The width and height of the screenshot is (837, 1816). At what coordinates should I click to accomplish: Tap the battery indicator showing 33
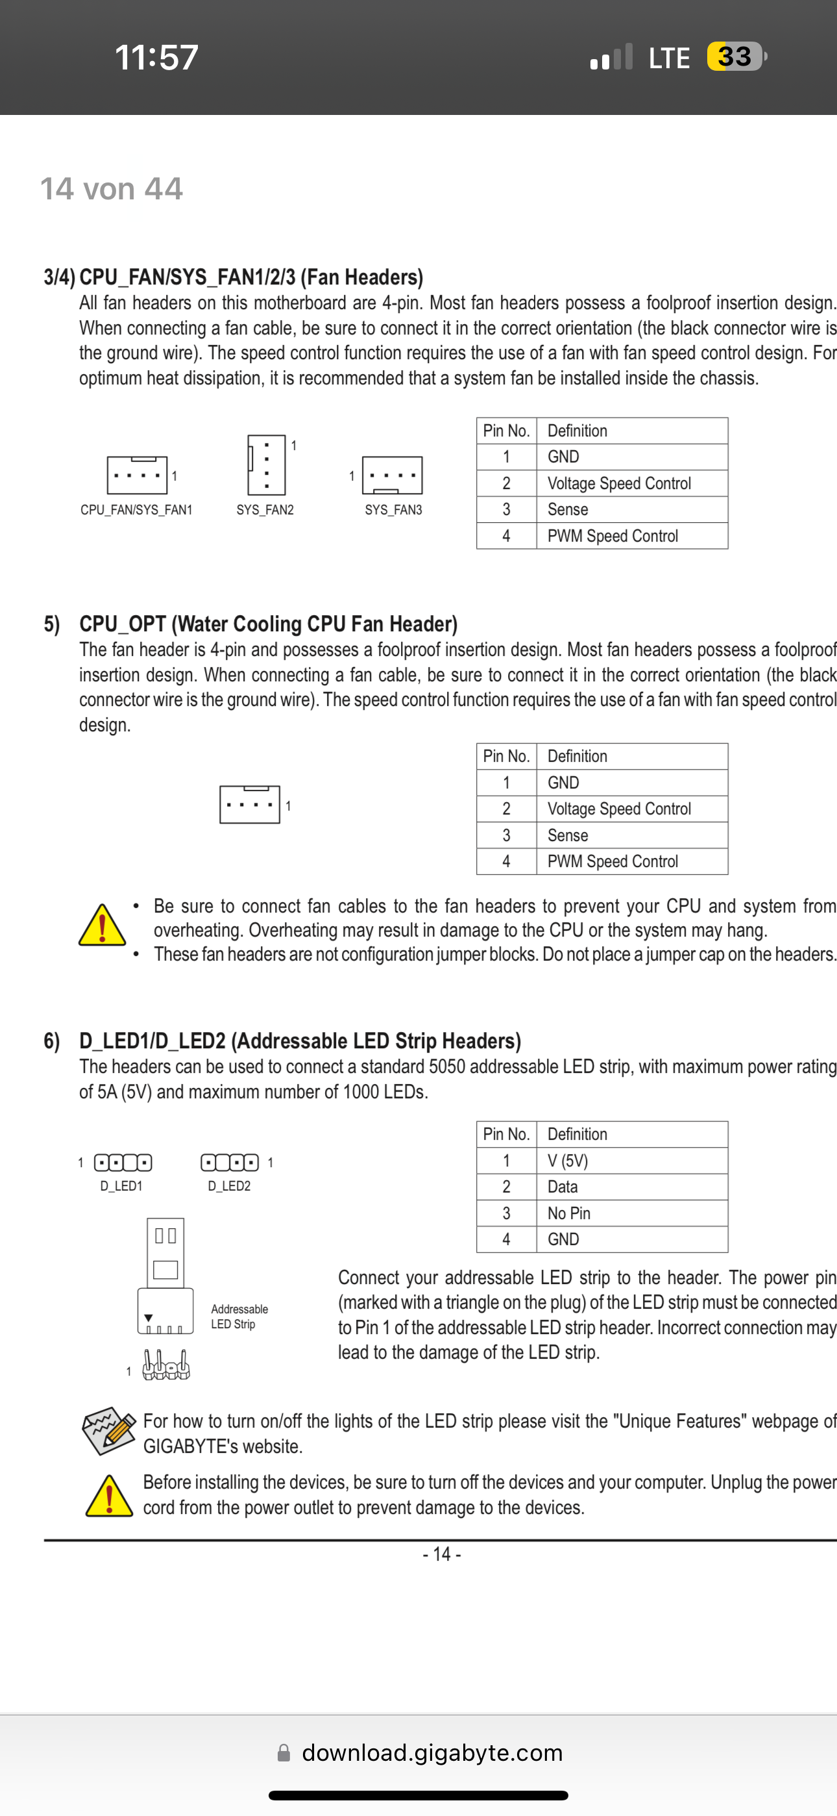pyautogui.click(x=735, y=57)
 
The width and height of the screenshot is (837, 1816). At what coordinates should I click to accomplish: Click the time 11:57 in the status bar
pyautogui.click(x=156, y=57)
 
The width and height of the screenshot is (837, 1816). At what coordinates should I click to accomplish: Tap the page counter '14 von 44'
pyautogui.click(x=112, y=188)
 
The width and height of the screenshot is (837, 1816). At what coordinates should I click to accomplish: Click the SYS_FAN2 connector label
pyautogui.click(x=265, y=510)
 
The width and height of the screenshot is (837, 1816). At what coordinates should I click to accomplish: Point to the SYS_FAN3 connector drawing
pyautogui.click(x=392, y=475)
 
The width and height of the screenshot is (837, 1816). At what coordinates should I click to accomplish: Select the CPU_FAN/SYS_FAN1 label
pyautogui.click(x=136, y=510)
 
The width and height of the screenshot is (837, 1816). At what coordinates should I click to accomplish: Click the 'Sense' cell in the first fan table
pyautogui.click(x=568, y=510)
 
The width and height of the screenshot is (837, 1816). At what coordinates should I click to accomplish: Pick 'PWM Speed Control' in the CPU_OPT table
pyautogui.click(x=613, y=861)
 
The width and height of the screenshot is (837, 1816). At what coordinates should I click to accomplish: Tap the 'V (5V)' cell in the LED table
pyautogui.click(x=567, y=1161)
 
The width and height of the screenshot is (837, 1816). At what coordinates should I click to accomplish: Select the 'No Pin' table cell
pyautogui.click(x=568, y=1213)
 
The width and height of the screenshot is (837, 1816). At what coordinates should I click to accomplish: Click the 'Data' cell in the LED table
pyautogui.click(x=563, y=1187)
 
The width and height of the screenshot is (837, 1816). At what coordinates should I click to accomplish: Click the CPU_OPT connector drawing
pyautogui.click(x=249, y=804)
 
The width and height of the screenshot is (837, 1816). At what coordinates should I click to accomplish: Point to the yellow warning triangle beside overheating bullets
pyautogui.click(x=102, y=925)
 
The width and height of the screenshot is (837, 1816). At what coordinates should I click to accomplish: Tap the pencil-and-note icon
pyautogui.click(x=108, y=1431)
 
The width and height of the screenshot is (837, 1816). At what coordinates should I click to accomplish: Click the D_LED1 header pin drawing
pyautogui.click(x=123, y=1162)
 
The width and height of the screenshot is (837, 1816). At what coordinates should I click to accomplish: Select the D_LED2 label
pyautogui.click(x=229, y=1187)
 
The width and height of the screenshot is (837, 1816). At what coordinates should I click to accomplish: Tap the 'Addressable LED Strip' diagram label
pyautogui.click(x=239, y=1316)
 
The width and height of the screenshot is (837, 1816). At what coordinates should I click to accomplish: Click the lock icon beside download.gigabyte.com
pyautogui.click(x=284, y=1752)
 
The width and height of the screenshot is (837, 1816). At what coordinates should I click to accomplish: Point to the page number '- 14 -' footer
pyautogui.click(x=442, y=1554)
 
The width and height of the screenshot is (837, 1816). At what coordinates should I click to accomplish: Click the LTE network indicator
pyautogui.click(x=668, y=58)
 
